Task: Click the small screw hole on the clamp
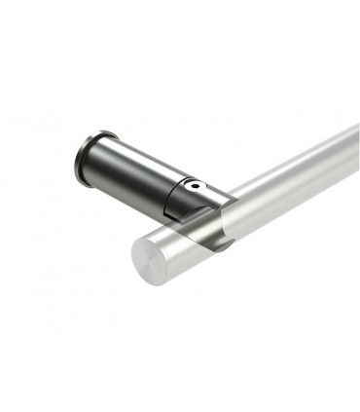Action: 196,183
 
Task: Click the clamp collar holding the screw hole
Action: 191,194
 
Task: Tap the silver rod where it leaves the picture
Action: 350,146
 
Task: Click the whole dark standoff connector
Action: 146,180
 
